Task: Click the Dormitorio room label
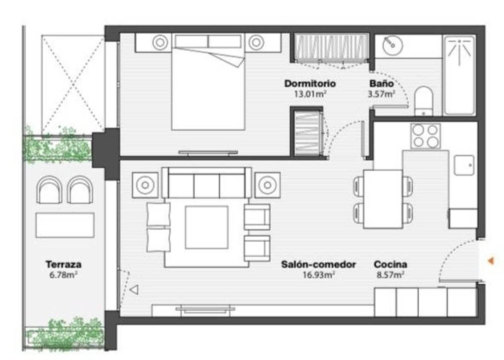coord(310,84)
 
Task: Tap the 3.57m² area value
coord(381,94)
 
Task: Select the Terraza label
coord(64,264)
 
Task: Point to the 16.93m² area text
coord(319,275)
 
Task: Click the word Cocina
coord(390,264)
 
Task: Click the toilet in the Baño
coord(424,101)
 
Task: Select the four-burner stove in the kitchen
coord(426,136)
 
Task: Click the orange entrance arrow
coord(491,261)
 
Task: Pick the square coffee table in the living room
coord(207,227)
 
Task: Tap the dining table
coord(383,199)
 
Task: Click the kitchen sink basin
coord(464,165)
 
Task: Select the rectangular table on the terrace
coord(65,225)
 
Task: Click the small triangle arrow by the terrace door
coord(134,290)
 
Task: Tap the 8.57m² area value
coord(390,275)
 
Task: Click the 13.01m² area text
coord(310,94)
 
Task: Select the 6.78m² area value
coord(64,275)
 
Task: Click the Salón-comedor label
coord(319,264)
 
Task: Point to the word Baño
coord(382,83)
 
